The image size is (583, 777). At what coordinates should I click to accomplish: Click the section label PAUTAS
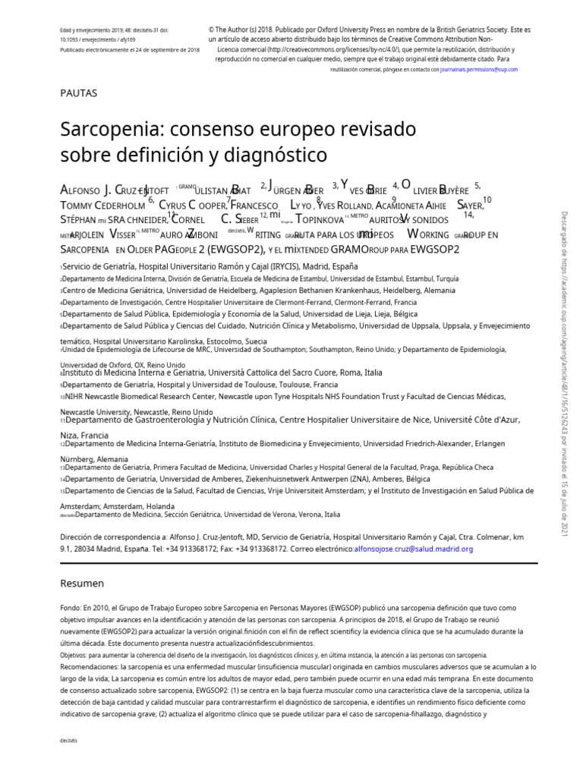tap(78, 93)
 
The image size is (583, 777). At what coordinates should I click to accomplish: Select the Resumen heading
tap(82, 583)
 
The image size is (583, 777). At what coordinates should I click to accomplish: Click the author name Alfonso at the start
tap(79, 189)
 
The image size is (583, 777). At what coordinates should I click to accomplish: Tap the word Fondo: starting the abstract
tap(71, 608)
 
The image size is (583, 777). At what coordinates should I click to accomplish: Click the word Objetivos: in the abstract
tap(78, 655)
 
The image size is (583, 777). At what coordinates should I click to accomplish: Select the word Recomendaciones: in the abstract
tap(90, 666)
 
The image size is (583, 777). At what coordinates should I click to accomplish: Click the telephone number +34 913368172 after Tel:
tap(168, 549)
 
